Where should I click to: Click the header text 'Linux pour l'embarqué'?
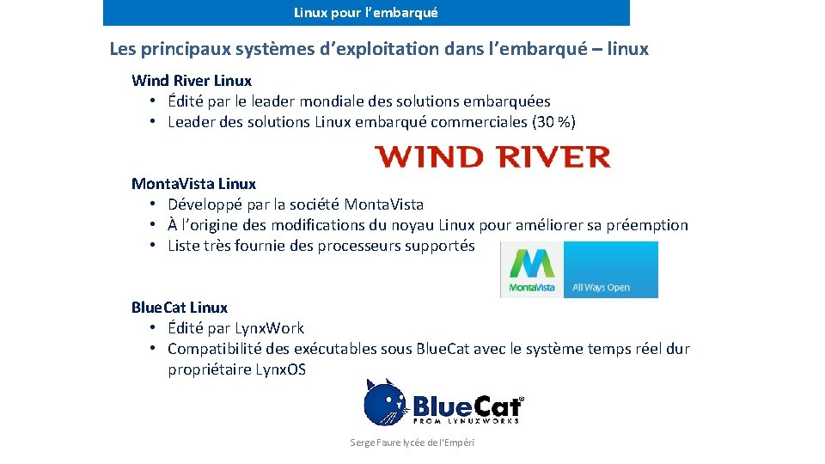pos(366,13)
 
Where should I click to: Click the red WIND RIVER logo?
pos(492,157)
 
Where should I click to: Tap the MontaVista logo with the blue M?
pos(532,269)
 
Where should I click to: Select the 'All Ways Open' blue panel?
pos(610,270)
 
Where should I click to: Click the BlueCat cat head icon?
pos(384,403)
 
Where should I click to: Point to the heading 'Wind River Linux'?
pos(192,81)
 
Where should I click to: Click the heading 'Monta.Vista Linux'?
pos(193,184)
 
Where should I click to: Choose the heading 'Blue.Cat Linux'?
pos(180,308)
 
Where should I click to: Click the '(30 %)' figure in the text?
pos(554,122)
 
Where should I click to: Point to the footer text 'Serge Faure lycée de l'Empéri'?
pos(412,443)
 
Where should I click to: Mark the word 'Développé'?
pos(205,205)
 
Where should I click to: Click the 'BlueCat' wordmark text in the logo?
pos(467,406)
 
